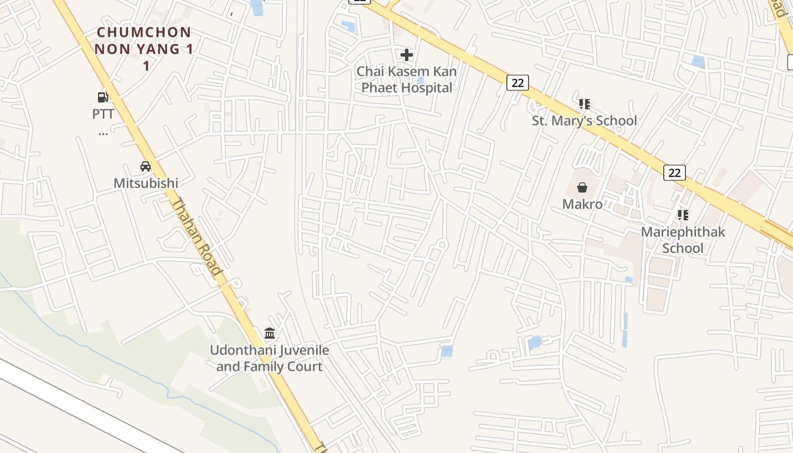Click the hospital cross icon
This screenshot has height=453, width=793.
point(407,55)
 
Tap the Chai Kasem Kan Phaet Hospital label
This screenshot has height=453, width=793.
point(406,80)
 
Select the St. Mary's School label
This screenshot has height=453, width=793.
point(584,121)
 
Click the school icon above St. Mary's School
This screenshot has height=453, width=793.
point(585,104)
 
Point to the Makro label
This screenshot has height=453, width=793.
point(582,204)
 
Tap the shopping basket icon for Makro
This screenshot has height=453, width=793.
point(582,187)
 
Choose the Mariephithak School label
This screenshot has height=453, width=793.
point(683,240)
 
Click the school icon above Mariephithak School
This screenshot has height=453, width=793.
point(683,215)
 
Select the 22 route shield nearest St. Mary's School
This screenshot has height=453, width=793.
point(517,83)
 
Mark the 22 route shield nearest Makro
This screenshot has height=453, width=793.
point(674,173)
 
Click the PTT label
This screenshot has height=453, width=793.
point(103,114)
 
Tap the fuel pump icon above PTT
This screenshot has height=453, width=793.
point(103,97)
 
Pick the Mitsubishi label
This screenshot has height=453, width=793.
point(146,183)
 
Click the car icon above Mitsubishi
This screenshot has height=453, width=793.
point(146,166)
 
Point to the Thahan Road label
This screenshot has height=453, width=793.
point(196,237)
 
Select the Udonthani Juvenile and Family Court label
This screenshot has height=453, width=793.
point(270,358)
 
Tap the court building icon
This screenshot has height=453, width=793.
point(270,333)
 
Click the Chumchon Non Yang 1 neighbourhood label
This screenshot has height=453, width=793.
point(144,49)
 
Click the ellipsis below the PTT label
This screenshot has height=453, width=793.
point(103,134)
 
